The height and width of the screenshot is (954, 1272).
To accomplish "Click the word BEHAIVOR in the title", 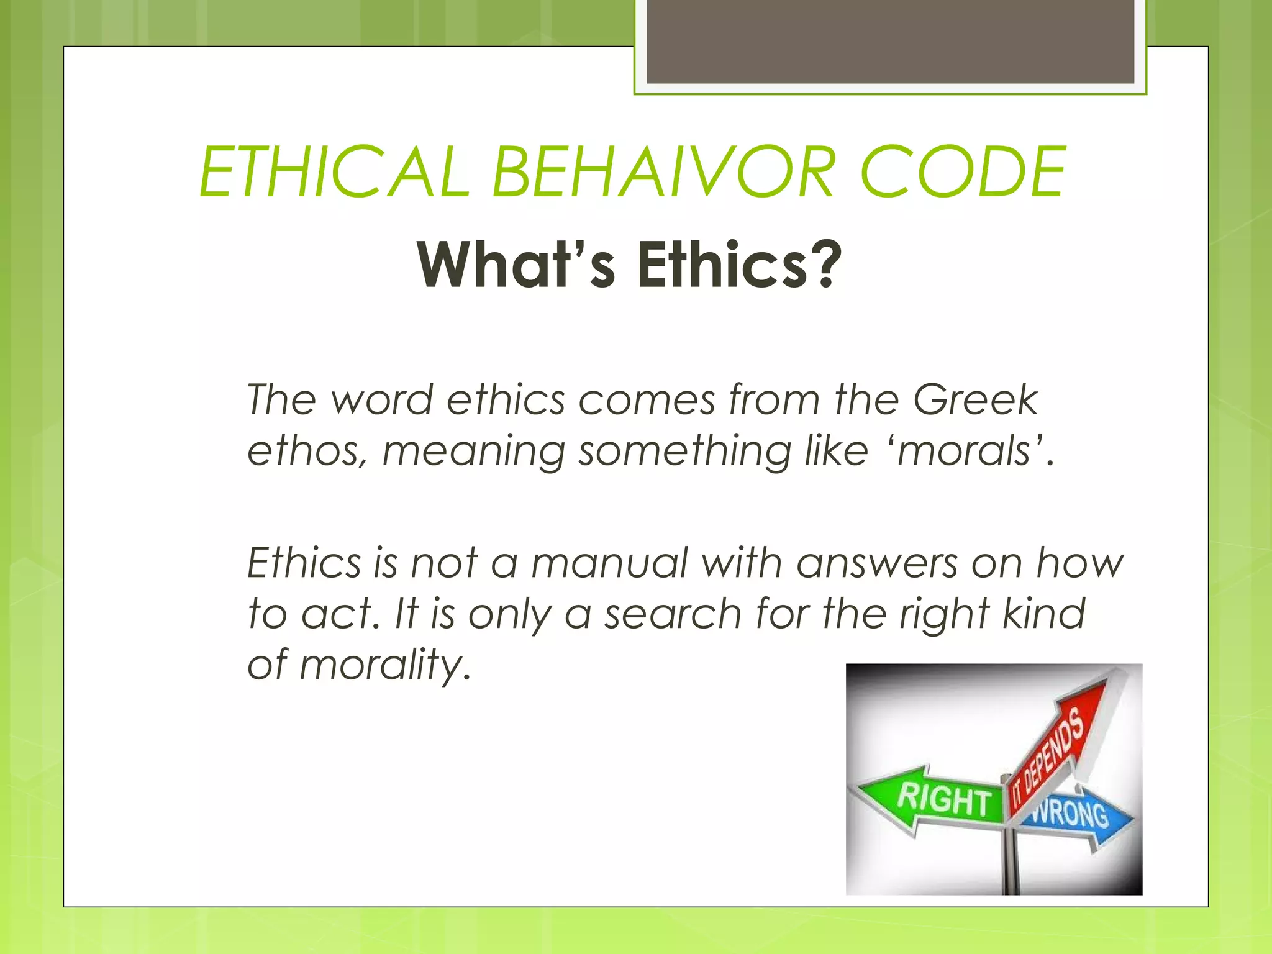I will (662, 172).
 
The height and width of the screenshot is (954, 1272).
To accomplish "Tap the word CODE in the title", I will (963, 172).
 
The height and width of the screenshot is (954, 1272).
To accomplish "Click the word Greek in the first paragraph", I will (975, 399).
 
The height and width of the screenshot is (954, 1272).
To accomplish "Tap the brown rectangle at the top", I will (890, 41).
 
